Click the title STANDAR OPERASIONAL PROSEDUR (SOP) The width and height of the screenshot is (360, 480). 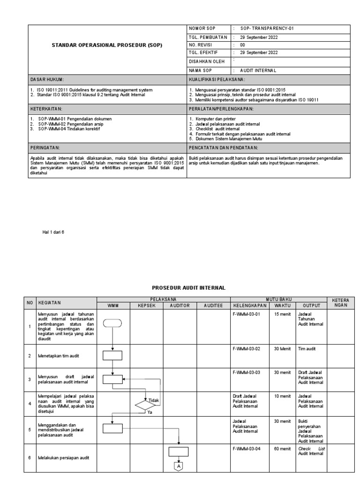tap(107, 45)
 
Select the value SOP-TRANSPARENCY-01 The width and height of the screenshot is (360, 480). tap(266, 29)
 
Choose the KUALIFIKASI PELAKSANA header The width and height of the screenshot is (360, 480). tap(217, 80)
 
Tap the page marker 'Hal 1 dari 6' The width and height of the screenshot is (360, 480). tap(53, 232)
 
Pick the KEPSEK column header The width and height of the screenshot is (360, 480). tap(146, 305)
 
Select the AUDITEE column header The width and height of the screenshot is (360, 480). tap(213, 305)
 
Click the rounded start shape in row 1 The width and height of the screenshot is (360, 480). tap(112, 322)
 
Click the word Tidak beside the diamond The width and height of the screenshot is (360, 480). tap(154, 400)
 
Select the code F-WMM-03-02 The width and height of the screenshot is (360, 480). tap(246, 349)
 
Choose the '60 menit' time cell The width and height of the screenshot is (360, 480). tap(283, 449)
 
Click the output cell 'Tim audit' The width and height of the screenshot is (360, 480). tap(307, 349)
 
